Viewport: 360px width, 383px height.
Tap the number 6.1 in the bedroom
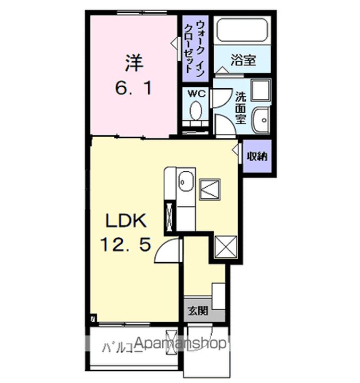[x=133, y=87]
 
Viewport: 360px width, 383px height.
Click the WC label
[x=197, y=93]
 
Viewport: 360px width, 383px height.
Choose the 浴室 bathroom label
[x=242, y=60]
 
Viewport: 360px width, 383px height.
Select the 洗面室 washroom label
[x=240, y=108]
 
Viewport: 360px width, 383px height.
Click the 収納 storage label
[x=257, y=156]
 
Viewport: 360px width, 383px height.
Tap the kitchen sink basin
[x=184, y=181]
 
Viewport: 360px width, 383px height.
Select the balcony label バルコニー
[x=122, y=350]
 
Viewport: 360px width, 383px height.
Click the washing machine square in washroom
[x=261, y=90]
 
